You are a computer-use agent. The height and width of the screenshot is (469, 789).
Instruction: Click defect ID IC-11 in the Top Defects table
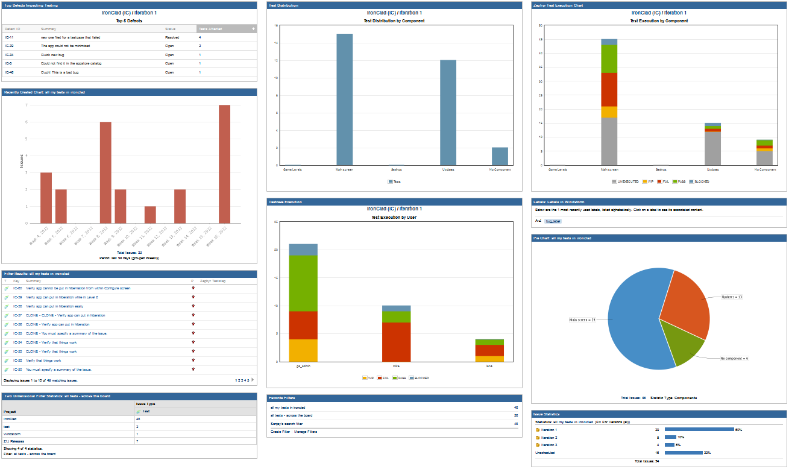pos(9,37)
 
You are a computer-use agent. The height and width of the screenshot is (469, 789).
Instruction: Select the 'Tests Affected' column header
pos(210,28)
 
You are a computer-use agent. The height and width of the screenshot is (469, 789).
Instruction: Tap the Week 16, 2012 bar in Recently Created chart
pos(224,164)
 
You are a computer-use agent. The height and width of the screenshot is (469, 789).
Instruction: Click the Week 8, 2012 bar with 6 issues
pos(105,172)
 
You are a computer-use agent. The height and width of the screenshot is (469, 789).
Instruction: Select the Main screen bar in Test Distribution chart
pos(344,99)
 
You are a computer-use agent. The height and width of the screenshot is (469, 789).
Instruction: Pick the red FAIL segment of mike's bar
pos(396,342)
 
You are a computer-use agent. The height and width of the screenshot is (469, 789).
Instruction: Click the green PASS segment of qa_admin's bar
pos(303,283)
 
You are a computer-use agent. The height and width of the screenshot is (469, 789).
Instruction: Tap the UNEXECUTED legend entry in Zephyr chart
pos(625,181)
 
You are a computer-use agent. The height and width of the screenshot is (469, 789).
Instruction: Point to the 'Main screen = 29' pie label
pos(582,320)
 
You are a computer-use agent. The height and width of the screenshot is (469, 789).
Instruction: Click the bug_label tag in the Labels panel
pos(552,221)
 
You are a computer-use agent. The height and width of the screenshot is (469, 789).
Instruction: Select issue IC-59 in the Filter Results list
pos(17,297)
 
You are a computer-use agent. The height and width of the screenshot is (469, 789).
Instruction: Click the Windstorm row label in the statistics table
pos(11,434)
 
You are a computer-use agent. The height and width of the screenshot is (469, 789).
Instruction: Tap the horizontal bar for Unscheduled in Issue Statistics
pos(684,452)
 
